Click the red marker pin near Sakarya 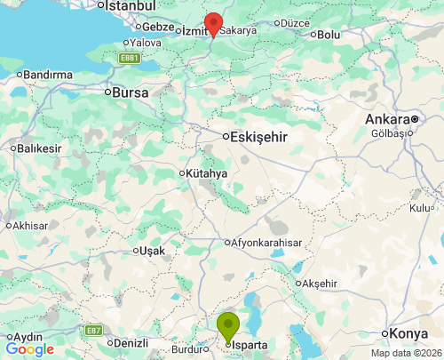[213, 23]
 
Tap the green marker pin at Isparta [229, 326]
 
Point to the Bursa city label [129, 91]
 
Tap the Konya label [409, 333]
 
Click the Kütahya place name [208, 173]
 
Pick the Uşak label [148, 251]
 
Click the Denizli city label [128, 342]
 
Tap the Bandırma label [49, 75]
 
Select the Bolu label [329, 35]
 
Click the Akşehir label [321, 283]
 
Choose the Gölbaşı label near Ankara [392, 133]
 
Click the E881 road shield [131, 59]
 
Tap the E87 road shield [93, 330]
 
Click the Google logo [29, 349]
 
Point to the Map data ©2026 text [405, 353]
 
